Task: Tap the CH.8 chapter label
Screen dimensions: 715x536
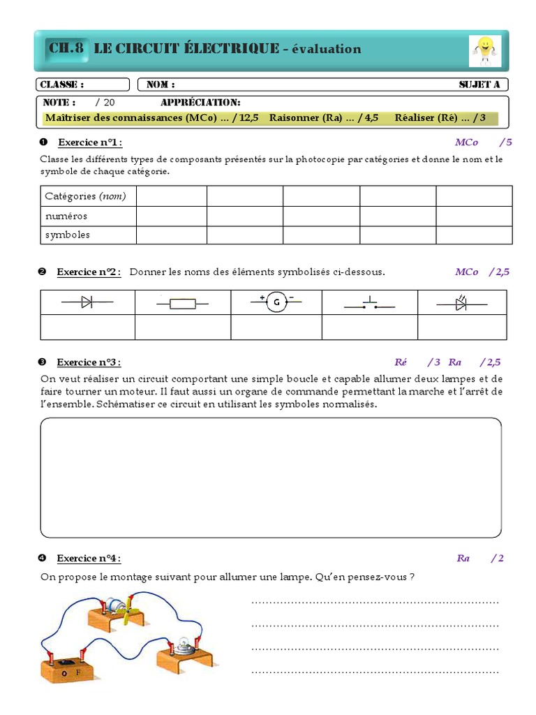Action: tap(66, 48)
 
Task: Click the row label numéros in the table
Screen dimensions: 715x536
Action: tap(66, 216)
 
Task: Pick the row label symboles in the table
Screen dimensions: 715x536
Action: tap(68, 235)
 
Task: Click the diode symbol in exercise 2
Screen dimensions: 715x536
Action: tap(88, 302)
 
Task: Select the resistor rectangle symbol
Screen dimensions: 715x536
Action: tap(183, 303)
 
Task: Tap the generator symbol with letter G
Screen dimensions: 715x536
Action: tap(276, 302)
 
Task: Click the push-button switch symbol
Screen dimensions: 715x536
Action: tap(369, 304)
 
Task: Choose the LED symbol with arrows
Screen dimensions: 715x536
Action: tap(461, 303)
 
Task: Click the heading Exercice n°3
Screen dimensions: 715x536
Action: tap(89, 362)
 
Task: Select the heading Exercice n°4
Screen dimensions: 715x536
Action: tap(89, 559)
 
